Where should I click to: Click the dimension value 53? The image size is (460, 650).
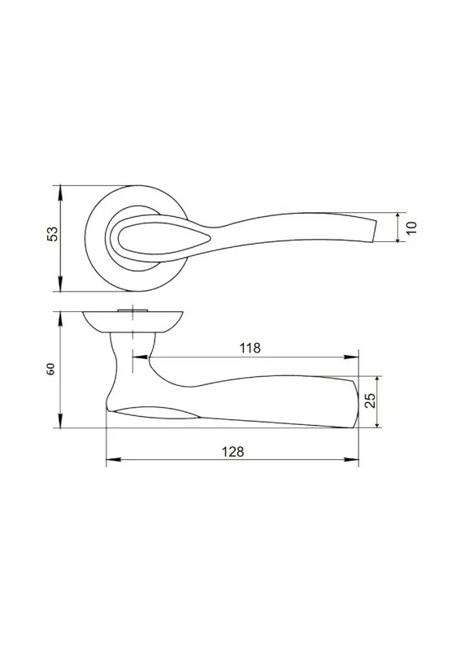click(53, 234)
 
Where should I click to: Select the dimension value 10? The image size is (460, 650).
click(411, 227)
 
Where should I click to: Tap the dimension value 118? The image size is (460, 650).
click(250, 348)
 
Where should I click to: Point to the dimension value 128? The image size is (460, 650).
click(233, 452)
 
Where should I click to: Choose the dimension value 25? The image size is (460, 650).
click(370, 401)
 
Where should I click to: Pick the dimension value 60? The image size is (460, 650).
click(50, 369)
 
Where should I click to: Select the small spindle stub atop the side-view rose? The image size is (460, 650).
click(132, 310)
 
